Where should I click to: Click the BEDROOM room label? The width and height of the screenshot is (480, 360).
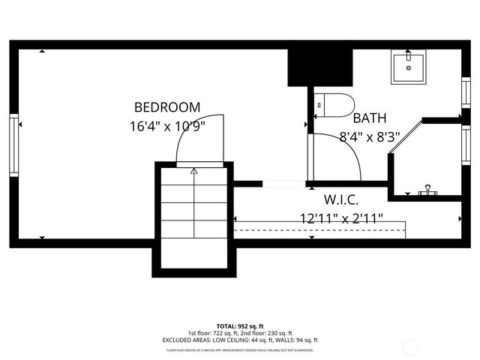[166, 106]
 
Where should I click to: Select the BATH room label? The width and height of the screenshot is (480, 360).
[370, 118]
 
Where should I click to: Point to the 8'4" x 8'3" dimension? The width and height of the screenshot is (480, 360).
[370, 136]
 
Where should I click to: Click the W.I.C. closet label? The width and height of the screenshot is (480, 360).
[340, 199]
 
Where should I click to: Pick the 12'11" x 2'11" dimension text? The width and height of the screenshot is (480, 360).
[340, 218]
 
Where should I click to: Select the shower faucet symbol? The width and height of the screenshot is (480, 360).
[428, 190]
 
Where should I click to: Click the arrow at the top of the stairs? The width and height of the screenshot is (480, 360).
[194, 171]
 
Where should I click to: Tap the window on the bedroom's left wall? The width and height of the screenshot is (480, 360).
[13, 145]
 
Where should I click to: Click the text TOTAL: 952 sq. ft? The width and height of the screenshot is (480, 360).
[239, 325]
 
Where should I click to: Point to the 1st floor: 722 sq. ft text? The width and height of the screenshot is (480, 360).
[213, 332]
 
